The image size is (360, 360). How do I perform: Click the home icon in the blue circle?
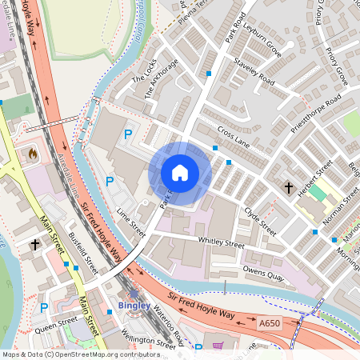180,173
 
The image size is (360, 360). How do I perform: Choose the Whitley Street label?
220,242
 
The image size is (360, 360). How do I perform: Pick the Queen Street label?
56,322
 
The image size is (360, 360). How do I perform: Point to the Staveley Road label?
254,72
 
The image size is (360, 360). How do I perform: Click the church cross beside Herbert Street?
288,187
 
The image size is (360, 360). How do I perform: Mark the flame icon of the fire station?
33,152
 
